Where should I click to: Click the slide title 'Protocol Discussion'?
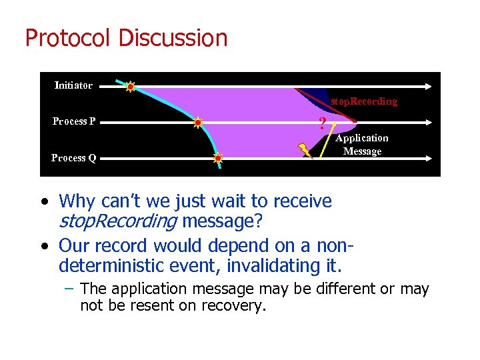[x=126, y=38]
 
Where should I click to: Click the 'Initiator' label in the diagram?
[x=73, y=85]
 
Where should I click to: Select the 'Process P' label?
[x=73, y=121]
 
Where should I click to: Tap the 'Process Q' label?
[x=73, y=158]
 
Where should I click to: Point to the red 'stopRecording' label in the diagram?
[x=364, y=101]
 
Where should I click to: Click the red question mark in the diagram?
[x=323, y=123]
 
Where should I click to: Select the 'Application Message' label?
[x=361, y=145]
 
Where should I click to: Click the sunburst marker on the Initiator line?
[x=131, y=86]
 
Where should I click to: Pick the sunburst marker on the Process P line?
[x=197, y=122]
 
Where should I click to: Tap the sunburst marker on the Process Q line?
[x=218, y=159]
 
